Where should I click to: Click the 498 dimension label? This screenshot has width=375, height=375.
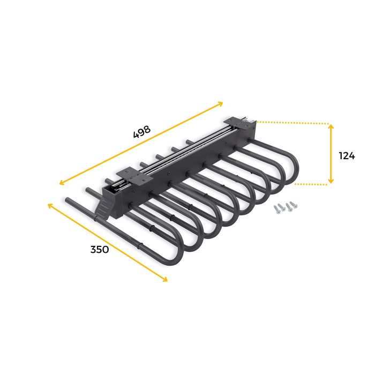tap(142, 132)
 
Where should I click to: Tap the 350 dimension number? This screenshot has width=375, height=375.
tap(100, 249)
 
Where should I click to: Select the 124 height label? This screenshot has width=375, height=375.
tap(347, 156)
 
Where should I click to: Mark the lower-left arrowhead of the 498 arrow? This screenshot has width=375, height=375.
tap(61, 182)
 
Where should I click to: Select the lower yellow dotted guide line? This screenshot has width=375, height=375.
tap(311, 184)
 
